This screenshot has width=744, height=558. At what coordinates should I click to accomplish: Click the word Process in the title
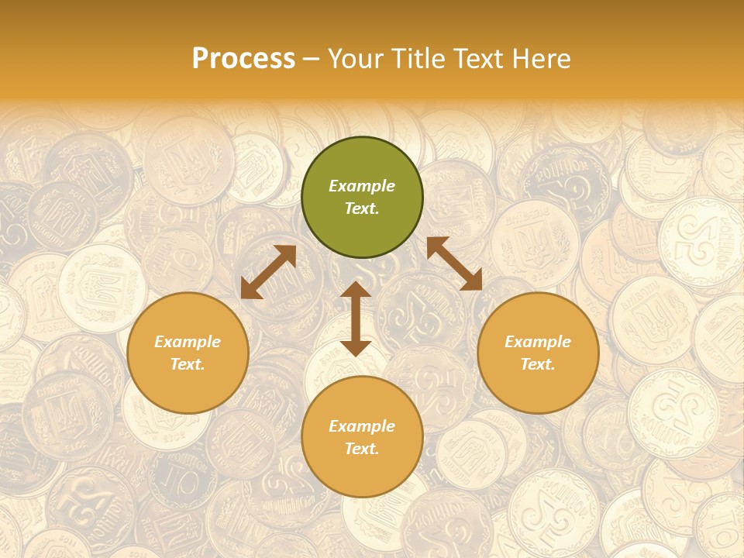(243, 59)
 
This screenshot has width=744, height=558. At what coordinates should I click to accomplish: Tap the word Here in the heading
(540, 59)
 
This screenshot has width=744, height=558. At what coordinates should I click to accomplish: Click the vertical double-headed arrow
(356, 319)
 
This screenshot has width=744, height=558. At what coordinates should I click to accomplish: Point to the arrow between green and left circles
(268, 272)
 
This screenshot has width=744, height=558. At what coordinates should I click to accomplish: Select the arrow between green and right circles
(454, 263)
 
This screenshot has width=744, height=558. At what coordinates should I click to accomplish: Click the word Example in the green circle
(362, 186)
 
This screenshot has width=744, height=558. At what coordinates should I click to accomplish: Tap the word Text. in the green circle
(362, 208)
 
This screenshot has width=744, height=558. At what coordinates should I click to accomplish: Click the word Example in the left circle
(188, 342)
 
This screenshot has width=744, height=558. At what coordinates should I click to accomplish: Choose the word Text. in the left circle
(188, 364)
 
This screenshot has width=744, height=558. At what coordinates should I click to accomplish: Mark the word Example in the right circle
(538, 342)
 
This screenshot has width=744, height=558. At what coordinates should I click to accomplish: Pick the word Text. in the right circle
(538, 364)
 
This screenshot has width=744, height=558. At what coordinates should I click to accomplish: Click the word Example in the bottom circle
(362, 426)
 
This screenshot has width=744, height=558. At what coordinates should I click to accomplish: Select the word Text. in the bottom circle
(362, 449)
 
